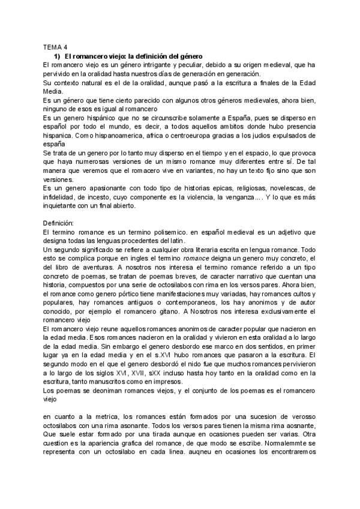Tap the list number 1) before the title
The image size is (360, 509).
[58, 55]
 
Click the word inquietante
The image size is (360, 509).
[64, 205]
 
